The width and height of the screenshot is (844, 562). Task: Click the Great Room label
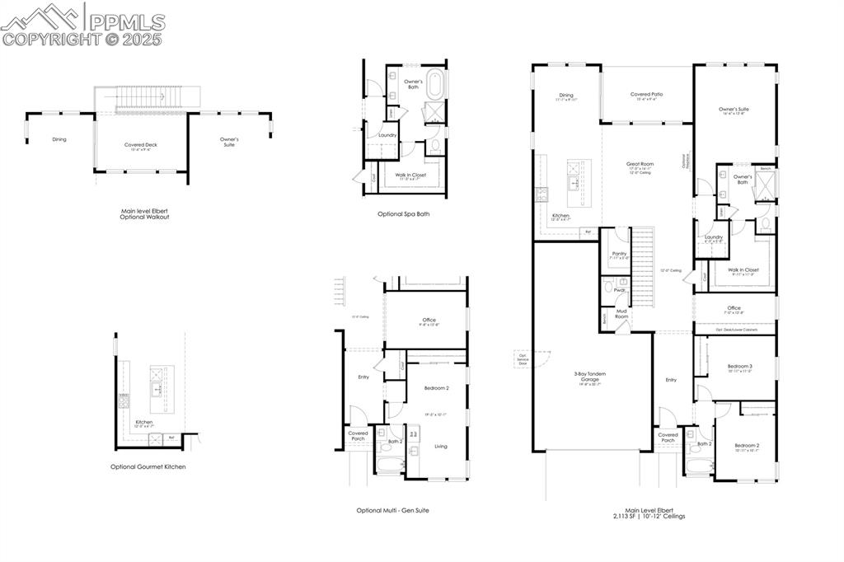[x=640, y=164]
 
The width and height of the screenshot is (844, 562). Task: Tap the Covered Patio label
[x=647, y=95]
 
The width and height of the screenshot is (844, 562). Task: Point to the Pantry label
[x=619, y=254]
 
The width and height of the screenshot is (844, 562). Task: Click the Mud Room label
[x=621, y=314]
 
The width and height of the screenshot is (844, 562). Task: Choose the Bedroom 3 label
[x=739, y=366]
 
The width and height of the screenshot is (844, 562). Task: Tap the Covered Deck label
[x=141, y=144]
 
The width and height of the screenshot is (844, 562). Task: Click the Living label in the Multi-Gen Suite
[x=441, y=447]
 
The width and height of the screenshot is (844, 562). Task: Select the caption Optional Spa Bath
[x=403, y=213]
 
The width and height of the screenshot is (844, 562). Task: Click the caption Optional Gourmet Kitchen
[x=148, y=466]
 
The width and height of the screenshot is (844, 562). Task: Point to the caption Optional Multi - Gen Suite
[x=392, y=510]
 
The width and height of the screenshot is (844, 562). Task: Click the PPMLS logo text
[x=126, y=22]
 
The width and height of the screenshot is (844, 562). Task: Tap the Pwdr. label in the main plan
[x=619, y=290]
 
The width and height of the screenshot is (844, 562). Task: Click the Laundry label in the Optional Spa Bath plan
[x=387, y=135]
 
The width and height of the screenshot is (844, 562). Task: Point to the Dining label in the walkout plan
[x=59, y=139]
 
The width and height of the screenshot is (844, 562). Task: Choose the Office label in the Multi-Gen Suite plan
[x=429, y=321]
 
